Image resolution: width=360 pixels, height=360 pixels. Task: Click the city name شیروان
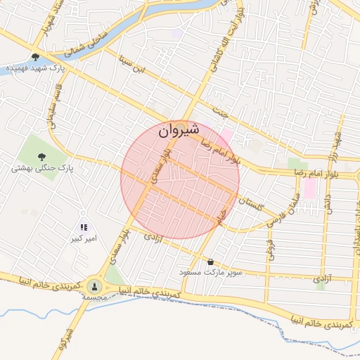click(x=179, y=131)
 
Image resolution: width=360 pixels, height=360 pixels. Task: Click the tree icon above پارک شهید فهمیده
click(x=35, y=57)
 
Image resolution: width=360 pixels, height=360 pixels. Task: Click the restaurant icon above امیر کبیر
click(x=83, y=227)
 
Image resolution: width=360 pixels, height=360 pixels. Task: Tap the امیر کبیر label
click(x=83, y=238)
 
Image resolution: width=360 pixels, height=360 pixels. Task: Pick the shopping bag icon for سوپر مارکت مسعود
click(x=210, y=261)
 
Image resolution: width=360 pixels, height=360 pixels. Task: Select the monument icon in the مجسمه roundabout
click(x=94, y=286)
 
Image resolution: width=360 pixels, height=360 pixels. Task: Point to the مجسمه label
click(x=94, y=298)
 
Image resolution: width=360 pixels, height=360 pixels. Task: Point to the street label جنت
click(x=220, y=110)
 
